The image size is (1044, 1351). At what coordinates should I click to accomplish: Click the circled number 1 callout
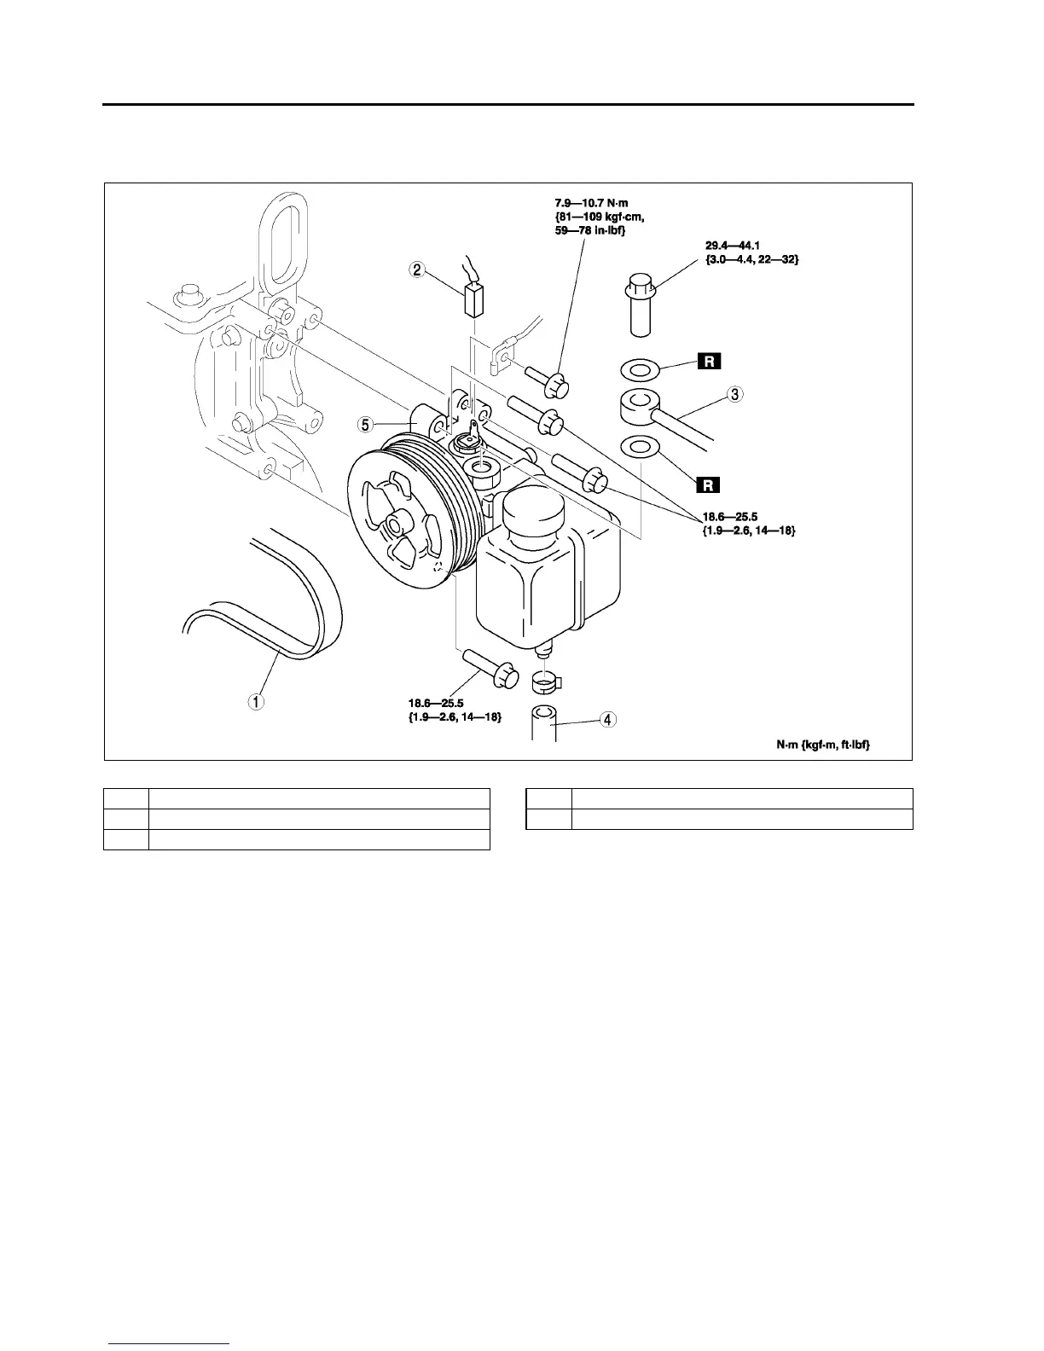(256, 701)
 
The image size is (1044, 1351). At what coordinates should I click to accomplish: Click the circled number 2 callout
(417, 270)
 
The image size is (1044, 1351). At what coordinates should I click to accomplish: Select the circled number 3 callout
(735, 395)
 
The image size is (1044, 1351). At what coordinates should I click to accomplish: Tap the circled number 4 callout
(606, 720)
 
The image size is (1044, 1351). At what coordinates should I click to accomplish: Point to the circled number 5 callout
(365, 424)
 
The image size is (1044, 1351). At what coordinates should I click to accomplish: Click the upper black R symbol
(709, 362)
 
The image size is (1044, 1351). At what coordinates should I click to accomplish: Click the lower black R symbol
(709, 485)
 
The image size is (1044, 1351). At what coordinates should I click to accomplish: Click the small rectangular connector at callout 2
(473, 299)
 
